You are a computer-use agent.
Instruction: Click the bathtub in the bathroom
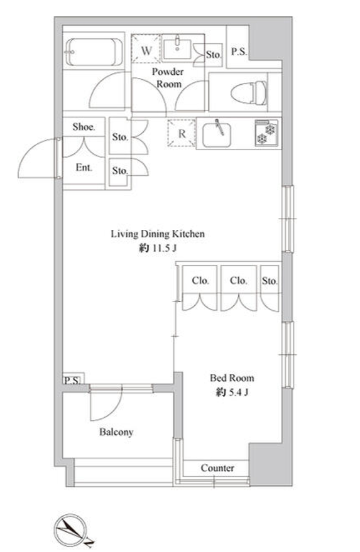(x=94, y=51)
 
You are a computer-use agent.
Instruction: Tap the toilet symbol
(x=249, y=92)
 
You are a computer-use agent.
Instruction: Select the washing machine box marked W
(x=146, y=48)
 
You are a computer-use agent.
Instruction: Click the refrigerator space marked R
(x=182, y=133)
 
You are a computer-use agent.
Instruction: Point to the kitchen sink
(x=217, y=134)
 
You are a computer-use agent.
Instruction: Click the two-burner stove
(x=266, y=133)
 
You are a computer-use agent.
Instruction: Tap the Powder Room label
(x=168, y=78)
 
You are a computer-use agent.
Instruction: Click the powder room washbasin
(x=177, y=48)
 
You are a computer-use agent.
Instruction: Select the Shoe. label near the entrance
(x=84, y=127)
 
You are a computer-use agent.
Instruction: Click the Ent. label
(x=84, y=168)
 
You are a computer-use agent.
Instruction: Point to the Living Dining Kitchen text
(x=158, y=234)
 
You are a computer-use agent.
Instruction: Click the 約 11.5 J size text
(x=158, y=248)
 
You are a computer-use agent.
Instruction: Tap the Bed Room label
(x=232, y=378)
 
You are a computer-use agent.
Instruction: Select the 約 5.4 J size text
(x=232, y=392)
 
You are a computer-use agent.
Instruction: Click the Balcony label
(x=116, y=432)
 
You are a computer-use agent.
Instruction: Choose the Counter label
(x=217, y=468)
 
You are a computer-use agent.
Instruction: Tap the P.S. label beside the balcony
(x=72, y=380)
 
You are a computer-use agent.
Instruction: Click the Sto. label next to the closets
(x=270, y=281)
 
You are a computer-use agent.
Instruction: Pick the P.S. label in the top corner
(x=239, y=51)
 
